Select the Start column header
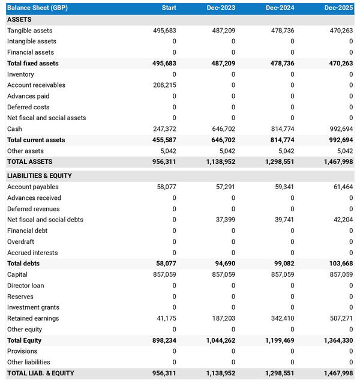coord(169,7)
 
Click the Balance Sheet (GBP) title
coord(34,7)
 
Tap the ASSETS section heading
coord(19,19)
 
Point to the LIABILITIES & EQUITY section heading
coord(40,176)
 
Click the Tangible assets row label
coord(30,31)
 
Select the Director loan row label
coord(25,286)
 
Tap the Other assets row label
coord(25,151)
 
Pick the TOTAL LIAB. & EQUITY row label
coord(41,373)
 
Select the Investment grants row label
coord(33,307)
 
